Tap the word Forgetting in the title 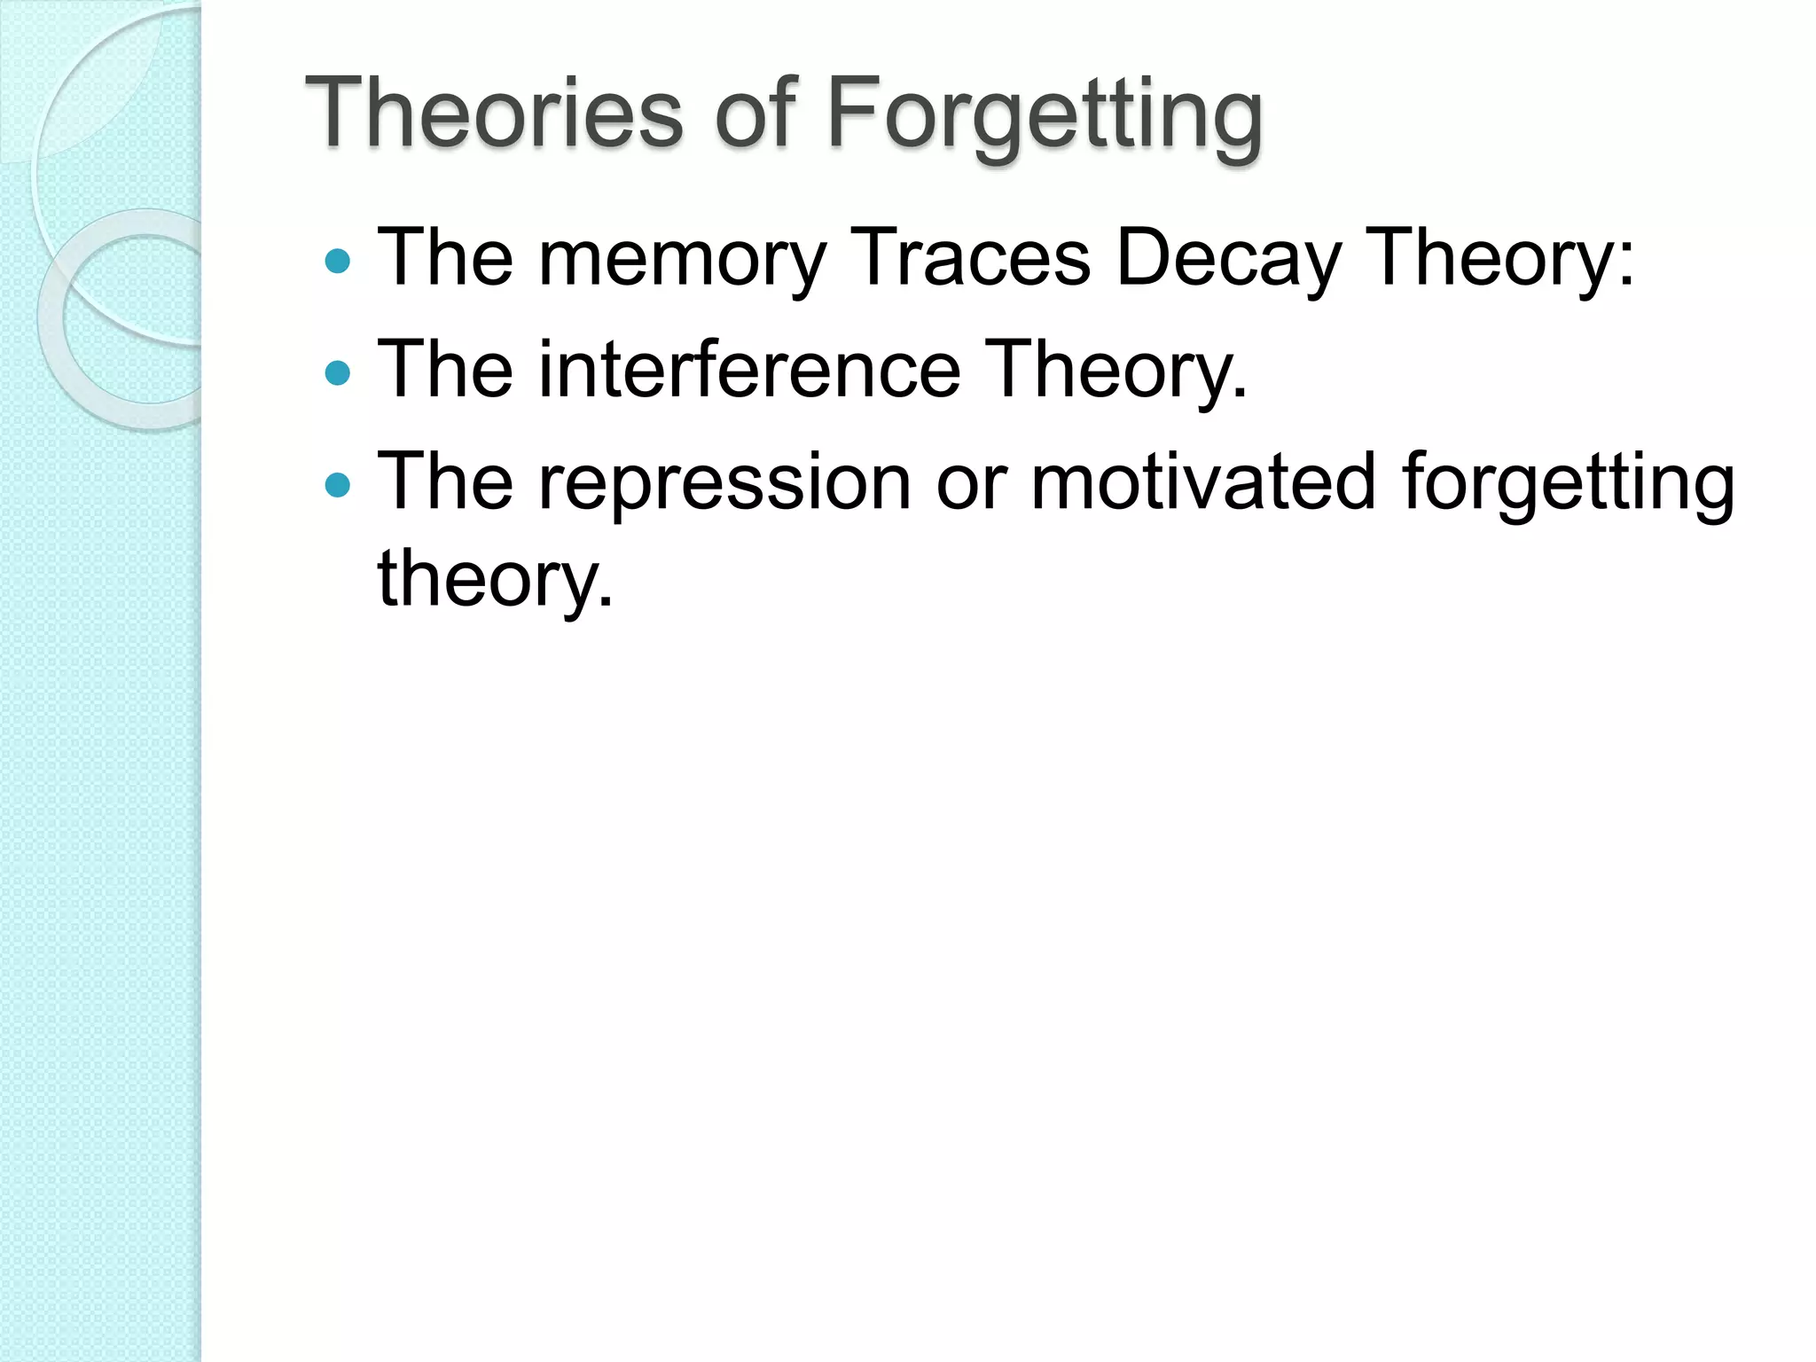point(1044,115)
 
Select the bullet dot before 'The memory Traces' point(338,261)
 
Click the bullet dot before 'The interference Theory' point(338,372)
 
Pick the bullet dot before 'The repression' point(338,484)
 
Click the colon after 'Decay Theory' point(1625,264)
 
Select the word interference point(749,369)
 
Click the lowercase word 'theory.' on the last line point(495,578)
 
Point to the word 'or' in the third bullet point(971,483)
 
